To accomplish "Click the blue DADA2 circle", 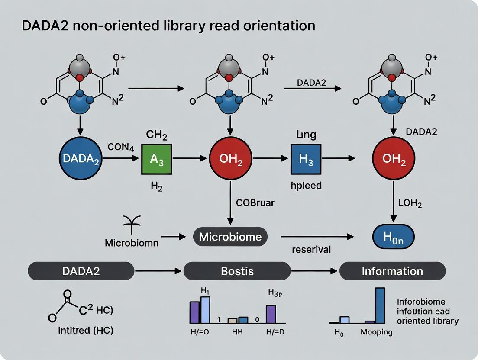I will point(81,159).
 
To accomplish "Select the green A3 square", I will point(156,159).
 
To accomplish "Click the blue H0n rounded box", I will point(393,237).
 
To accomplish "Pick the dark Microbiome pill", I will point(230,237).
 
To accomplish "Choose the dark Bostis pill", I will point(236,271).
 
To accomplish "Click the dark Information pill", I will point(392,271).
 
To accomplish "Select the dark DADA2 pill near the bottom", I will point(81,271).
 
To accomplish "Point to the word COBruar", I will point(255,202).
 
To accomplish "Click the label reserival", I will point(311,250).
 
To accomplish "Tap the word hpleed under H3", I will point(306,185).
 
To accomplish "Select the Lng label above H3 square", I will point(306,135).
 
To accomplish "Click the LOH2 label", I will point(410,202).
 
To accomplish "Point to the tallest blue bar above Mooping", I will point(380,305).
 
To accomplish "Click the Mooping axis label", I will point(377,332).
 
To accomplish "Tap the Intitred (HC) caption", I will point(85,331).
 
